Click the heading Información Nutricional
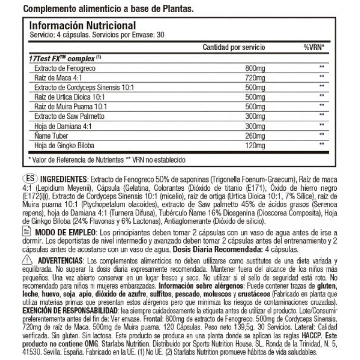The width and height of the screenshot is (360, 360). [x=82, y=26]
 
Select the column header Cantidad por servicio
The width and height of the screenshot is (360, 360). [x=234, y=47]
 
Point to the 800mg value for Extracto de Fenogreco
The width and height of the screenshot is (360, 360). [x=254, y=68]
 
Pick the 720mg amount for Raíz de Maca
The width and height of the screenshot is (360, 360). [x=254, y=78]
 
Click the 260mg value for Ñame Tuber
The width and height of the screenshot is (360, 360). [x=254, y=136]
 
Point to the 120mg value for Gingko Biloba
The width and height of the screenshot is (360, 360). [x=254, y=146]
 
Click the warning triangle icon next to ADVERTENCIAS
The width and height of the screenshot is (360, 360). [x=27, y=260]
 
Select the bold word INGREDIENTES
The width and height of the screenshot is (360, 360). [x=63, y=179]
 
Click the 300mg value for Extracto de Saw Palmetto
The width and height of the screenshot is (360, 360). [x=254, y=117]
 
